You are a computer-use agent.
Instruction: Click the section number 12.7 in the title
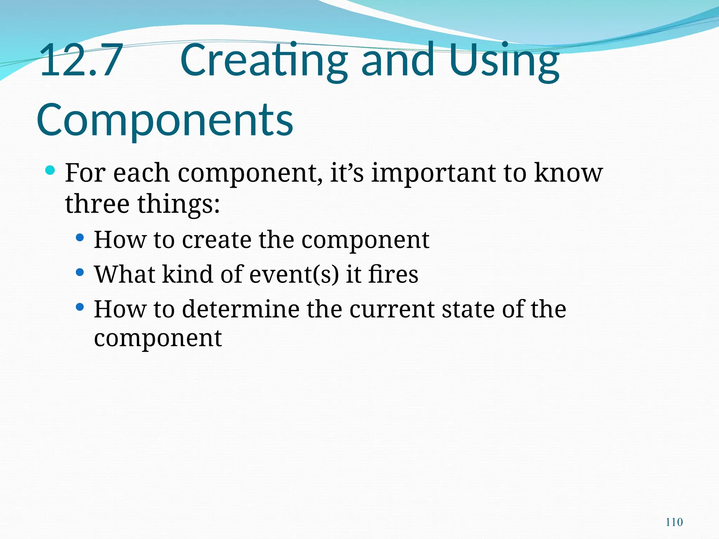pyautogui.click(x=81, y=60)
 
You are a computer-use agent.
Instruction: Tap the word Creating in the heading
pyautogui.click(x=264, y=60)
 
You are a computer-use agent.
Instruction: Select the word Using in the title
pyautogui.click(x=504, y=60)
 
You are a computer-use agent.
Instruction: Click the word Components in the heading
pyautogui.click(x=165, y=120)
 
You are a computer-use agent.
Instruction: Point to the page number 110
pyautogui.click(x=674, y=522)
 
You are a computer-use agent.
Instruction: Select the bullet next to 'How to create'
pyautogui.click(x=80, y=238)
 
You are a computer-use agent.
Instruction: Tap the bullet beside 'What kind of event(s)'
pyautogui.click(x=80, y=272)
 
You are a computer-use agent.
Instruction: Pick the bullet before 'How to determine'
pyautogui.click(x=80, y=307)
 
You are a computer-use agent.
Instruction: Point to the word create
pyautogui.click(x=217, y=240)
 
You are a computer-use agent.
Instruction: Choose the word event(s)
pyautogui.click(x=294, y=274)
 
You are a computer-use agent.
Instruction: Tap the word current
pyautogui.click(x=392, y=310)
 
